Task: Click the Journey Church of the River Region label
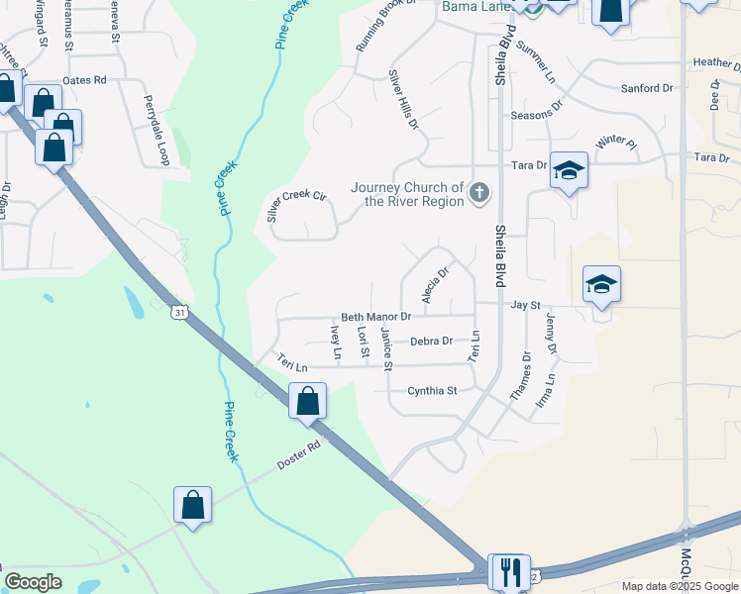pyautogui.click(x=407, y=194)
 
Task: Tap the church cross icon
pyautogui.click(x=479, y=192)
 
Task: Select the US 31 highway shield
pyautogui.click(x=178, y=313)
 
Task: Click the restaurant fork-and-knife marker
pyautogui.click(x=509, y=571)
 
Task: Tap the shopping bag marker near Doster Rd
pyautogui.click(x=192, y=505)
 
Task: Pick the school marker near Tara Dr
pyautogui.click(x=569, y=170)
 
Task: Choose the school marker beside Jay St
pyautogui.click(x=601, y=285)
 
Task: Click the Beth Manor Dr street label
pyautogui.click(x=375, y=317)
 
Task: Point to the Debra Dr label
pyautogui.click(x=431, y=341)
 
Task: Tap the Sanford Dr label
pyautogui.click(x=646, y=89)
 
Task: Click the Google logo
pyautogui.click(x=33, y=582)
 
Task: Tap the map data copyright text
pyautogui.click(x=680, y=586)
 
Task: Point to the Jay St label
pyautogui.click(x=524, y=307)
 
